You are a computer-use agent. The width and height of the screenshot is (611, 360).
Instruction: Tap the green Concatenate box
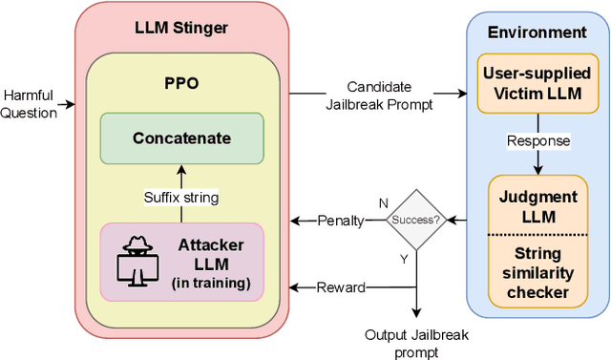pyautogui.click(x=181, y=138)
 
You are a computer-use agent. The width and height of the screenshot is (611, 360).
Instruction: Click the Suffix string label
pyautogui.click(x=181, y=198)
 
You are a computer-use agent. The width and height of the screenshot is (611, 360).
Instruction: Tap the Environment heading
pyautogui.click(x=537, y=32)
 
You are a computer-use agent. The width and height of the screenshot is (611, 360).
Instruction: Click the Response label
pyautogui.click(x=539, y=140)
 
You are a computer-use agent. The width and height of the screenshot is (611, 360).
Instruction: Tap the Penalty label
pyautogui.click(x=340, y=221)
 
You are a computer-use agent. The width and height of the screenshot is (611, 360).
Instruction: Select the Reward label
pyautogui.click(x=340, y=286)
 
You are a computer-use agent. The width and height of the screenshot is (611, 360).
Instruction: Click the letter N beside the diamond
pyautogui.click(x=383, y=203)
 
